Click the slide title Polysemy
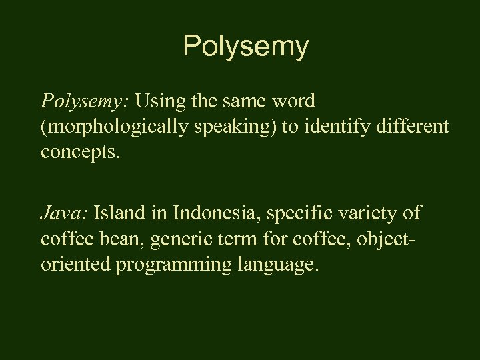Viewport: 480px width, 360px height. click(x=245, y=47)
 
